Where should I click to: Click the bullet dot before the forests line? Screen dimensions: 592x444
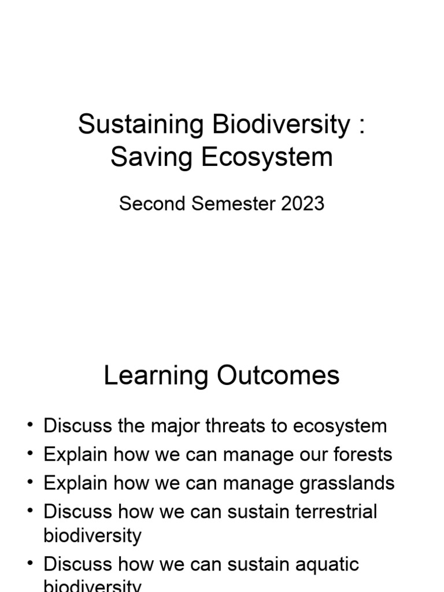pos(30,455)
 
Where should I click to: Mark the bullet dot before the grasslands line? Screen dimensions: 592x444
pos(30,483)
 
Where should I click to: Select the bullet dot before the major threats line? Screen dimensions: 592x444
pos(30,426)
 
